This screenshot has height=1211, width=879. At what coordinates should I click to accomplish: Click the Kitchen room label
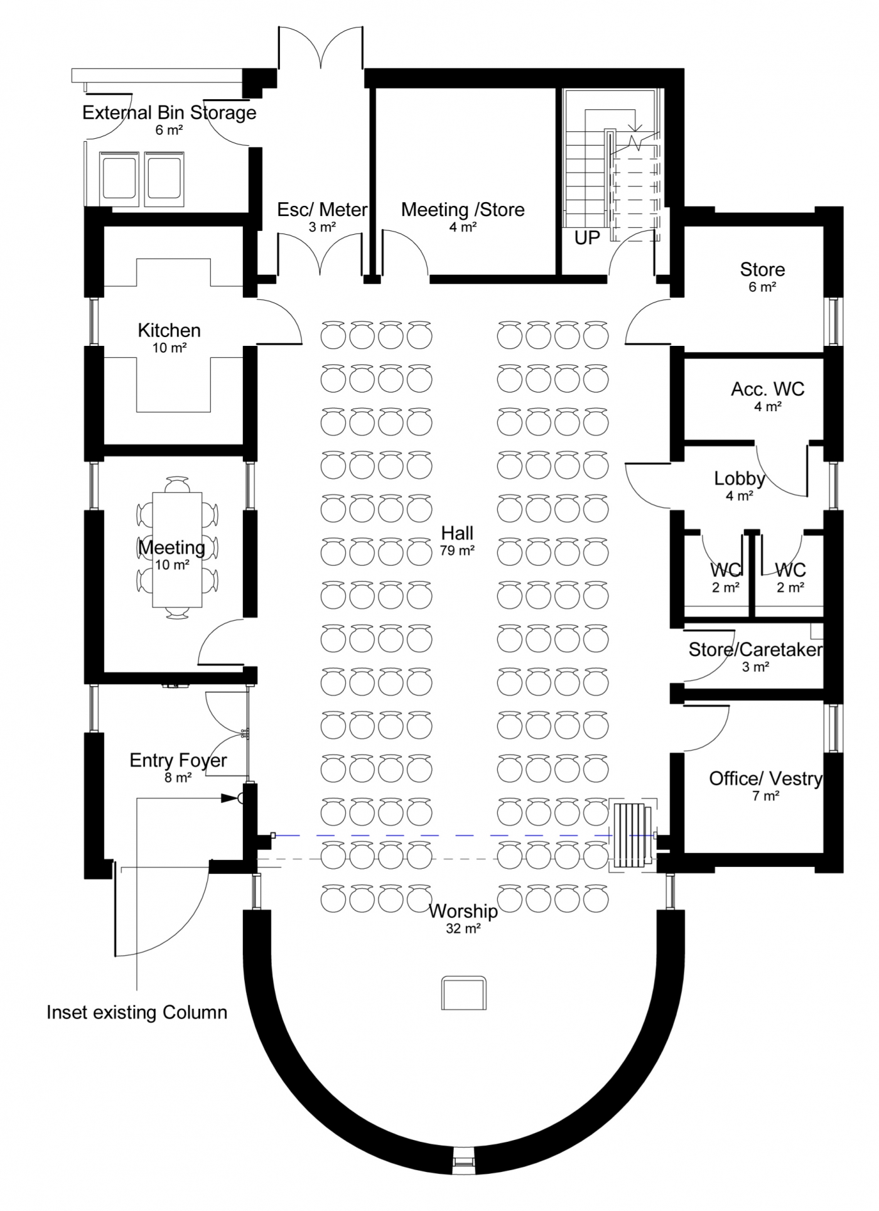click(x=169, y=330)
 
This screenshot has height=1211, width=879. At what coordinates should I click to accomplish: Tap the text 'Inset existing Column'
click(x=137, y=1012)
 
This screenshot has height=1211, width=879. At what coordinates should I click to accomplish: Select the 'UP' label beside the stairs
click(x=587, y=238)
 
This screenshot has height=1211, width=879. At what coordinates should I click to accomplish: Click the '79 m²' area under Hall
click(x=457, y=551)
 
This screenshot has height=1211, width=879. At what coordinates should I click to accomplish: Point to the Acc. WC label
click(x=767, y=389)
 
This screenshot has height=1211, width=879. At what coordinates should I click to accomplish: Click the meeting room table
click(x=177, y=549)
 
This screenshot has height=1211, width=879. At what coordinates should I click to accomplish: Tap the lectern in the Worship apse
click(x=463, y=993)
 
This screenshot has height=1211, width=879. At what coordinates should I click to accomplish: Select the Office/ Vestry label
click(x=765, y=779)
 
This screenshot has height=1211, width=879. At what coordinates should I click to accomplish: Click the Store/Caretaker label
click(x=755, y=650)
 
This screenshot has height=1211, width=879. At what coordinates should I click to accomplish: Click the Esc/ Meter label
click(x=322, y=210)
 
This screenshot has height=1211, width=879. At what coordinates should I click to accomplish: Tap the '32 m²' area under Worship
click(x=463, y=928)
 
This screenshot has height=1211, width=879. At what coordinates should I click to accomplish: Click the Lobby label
click(x=739, y=479)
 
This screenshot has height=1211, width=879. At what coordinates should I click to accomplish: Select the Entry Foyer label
click(x=178, y=760)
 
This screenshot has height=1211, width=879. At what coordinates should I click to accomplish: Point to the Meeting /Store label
click(x=463, y=210)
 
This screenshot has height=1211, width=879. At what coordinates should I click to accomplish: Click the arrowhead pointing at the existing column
click(x=229, y=799)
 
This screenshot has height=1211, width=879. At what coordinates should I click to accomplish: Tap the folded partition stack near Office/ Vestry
click(x=632, y=835)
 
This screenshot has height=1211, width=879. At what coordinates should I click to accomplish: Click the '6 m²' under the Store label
click(x=762, y=288)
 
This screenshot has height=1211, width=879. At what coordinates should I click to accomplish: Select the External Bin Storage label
click(x=170, y=113)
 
